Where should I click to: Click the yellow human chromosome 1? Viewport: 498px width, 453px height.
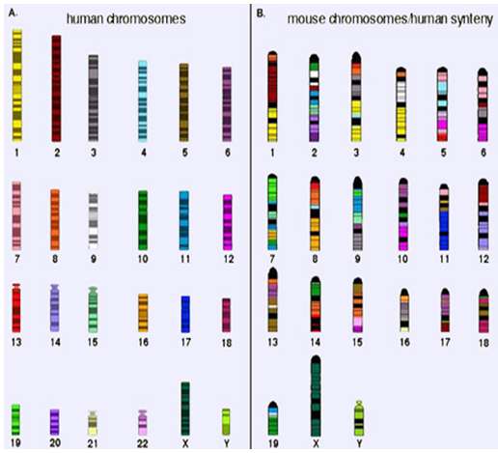coord(17,85)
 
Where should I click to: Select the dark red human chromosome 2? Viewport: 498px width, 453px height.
coord(57,88)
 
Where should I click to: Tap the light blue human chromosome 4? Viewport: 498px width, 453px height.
coord(143,101)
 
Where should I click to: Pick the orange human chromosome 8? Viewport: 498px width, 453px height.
coord(55,219)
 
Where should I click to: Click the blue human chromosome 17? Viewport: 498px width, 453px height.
coord(185,314)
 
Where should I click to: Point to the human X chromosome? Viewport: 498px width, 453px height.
coord(185,409)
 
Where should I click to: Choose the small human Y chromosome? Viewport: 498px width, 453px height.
coord(227,422)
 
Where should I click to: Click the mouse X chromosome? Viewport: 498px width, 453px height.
coord(316,396)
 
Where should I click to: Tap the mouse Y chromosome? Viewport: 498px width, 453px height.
coord(359,418)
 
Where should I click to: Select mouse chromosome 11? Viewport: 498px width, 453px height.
coord(444,217)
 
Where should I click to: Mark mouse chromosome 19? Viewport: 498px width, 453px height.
coord(273,418)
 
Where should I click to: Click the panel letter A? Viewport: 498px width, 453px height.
coord(13,14)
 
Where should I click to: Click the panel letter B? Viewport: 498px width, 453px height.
coord(261,14)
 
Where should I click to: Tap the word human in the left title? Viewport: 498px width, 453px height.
coord(85,19)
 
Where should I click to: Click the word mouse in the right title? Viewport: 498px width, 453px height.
coord(306,19)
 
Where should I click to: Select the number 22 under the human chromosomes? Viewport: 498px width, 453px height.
coord(142,444)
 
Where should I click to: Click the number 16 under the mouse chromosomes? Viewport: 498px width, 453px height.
coord(404,342)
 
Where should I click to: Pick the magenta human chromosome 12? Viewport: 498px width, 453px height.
coord(228,222)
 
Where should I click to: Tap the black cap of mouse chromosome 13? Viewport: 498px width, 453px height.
coord(273,273)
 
